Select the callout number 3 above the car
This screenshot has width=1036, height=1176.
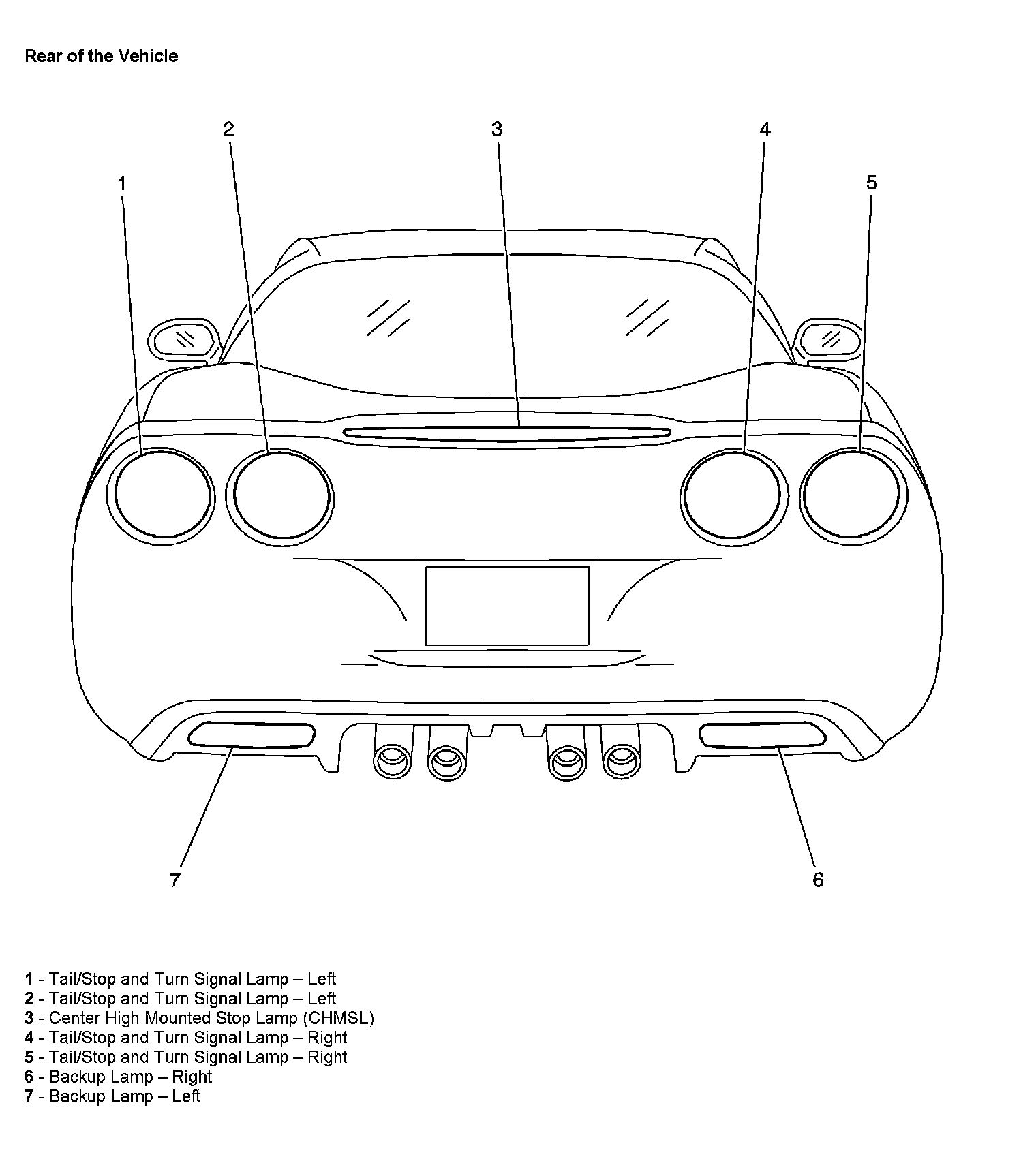click(x=497, y=129)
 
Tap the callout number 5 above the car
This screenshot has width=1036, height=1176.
click(x=872, y=183)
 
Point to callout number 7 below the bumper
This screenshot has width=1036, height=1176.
click(x=175, y=880)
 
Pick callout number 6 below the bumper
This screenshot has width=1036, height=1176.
click(x=818, y=880)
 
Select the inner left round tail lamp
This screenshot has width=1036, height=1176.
click(x=279, y=497)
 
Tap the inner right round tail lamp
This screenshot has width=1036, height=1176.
click(x=733, y=497)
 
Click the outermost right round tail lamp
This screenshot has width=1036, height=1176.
click(x=853, y=497)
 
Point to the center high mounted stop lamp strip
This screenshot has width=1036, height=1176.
click(x=507, y=432)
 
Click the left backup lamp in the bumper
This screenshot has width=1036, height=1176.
click(x=252, y=734)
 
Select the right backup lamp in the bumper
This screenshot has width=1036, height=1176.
click(x=763, y=734)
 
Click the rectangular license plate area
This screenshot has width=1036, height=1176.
click(x=507, y=606)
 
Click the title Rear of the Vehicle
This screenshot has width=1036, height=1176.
click(x=101, y=56)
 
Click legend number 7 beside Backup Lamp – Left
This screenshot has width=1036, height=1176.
click(x=29, y=1096)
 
